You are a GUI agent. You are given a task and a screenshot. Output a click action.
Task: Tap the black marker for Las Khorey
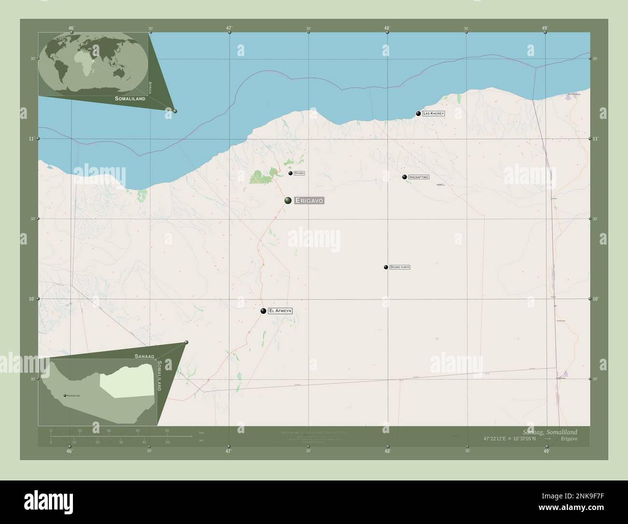[418, 114]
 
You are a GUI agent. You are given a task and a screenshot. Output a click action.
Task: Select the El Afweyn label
[280, 311]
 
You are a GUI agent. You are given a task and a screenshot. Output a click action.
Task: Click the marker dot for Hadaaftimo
[404, 177]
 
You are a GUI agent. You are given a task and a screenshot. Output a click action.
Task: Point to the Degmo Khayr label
[399, 267]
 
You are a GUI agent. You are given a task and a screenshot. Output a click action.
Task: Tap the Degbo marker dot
[290, 173]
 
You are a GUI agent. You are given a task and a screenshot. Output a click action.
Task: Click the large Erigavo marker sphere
[288, 200]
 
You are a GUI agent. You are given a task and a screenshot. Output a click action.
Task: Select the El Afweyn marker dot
[263, 311]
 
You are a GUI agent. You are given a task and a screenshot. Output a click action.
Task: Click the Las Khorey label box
[433, 114]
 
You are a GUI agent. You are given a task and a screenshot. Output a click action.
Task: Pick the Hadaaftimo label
[418, 177]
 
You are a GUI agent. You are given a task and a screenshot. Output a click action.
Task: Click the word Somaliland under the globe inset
[130, 98]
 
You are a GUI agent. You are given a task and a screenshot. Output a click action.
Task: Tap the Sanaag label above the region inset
[144, 356]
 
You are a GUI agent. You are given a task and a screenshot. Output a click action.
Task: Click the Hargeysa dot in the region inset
[65, 395]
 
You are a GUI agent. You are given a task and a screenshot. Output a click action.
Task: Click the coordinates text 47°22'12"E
[495, 438]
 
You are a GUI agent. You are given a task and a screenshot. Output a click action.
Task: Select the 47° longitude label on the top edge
[229, 28]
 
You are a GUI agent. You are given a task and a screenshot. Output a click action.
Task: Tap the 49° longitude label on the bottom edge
[546, 451]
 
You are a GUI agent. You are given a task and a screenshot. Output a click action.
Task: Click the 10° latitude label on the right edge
[596, 299]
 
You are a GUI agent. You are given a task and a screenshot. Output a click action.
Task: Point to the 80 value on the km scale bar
[167, 430]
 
